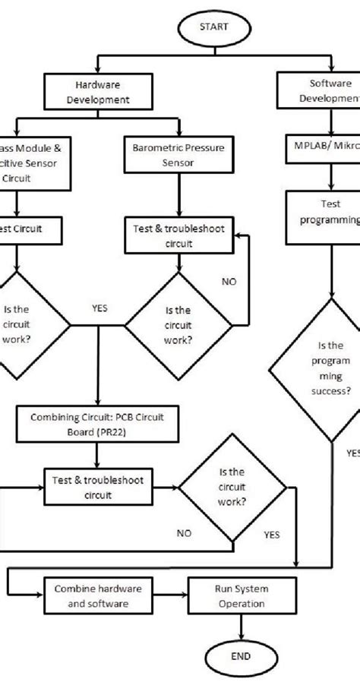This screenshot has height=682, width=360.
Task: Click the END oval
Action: coord(241,657)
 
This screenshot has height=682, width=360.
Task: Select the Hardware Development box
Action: coord(98,92)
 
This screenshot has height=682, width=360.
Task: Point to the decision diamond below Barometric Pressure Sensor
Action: coord(179,327)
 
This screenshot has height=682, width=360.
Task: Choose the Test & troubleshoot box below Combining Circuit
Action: coord(97,488)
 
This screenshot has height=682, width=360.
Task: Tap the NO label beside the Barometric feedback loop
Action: coord(229,282)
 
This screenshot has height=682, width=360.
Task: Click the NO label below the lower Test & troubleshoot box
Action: coord(184,532)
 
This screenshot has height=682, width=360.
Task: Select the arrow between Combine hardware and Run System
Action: coord(168,596)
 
